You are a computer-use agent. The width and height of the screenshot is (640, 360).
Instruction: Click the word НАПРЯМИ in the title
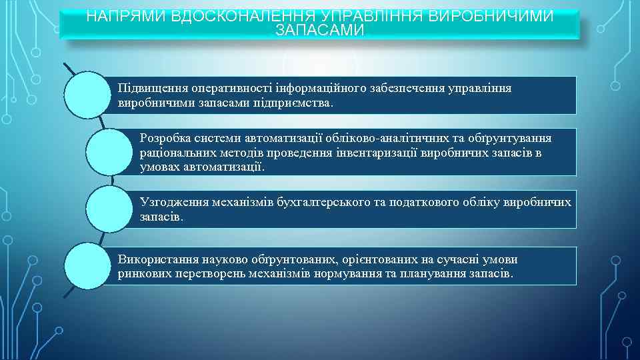(x=127, y=16)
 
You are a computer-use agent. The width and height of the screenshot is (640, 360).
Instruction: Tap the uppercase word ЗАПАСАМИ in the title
(x=320, y=31)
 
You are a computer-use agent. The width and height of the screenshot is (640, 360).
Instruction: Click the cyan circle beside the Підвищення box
(x=86, y=95)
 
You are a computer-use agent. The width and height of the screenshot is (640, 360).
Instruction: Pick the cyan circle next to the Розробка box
(x=109, y=151)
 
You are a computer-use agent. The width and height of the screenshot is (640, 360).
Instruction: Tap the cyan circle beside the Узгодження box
(x=109, y=209)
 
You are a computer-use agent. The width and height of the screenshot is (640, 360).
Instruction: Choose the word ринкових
(x=141, y=274)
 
